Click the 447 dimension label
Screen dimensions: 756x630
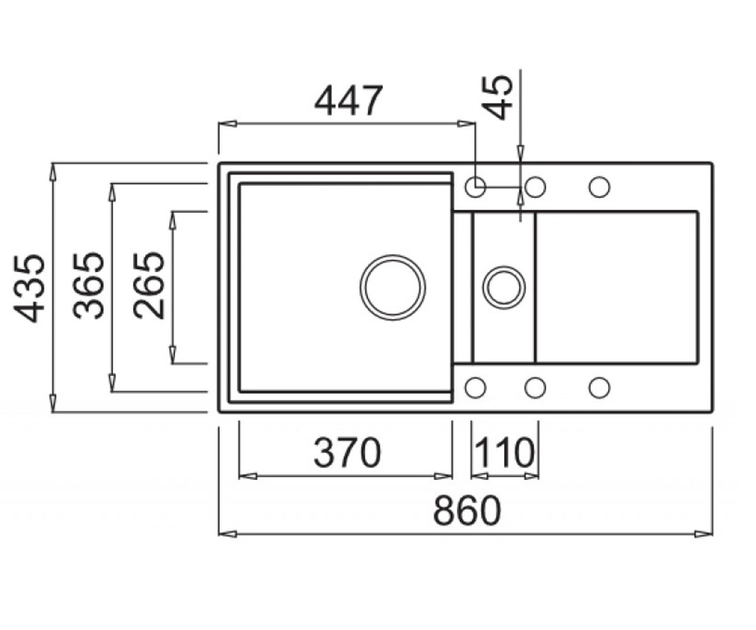(x=348, y=101)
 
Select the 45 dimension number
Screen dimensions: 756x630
(x=497, y=97)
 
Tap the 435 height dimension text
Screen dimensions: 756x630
(x=29, y=288)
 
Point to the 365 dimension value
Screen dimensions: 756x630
(x=89, y=285)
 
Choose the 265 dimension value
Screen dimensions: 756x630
(x=149, y=285)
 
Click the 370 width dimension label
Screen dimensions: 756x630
(x=347, y=452)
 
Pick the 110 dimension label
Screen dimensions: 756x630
(x=504, y=452)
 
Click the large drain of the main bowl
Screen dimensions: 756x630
(x=393, y=287)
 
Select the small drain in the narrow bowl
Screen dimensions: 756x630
(x=504, y=288)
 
